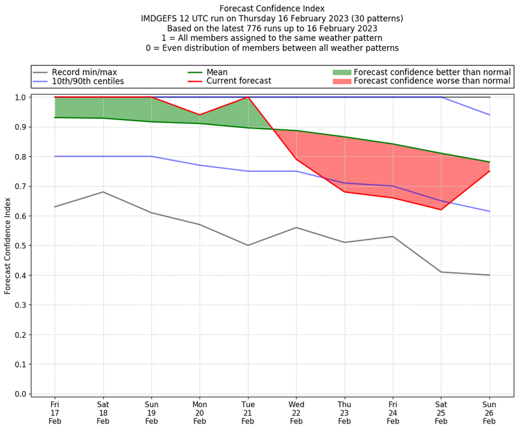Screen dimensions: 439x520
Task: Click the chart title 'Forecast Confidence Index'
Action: pyautogui.click(x=272, y=8)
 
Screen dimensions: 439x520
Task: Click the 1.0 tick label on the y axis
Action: pyautogui.click(x=19, y=97)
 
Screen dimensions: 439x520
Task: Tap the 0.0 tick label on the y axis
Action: pyautogui.click(x=19, y=394)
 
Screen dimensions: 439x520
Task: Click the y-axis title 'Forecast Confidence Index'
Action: pyautogui.click(x=8, y=245)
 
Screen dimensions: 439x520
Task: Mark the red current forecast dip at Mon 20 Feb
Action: pyautogui.click(x=200, y=115)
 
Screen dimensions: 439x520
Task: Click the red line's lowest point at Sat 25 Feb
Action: pyautogui.click(x=441, y=210)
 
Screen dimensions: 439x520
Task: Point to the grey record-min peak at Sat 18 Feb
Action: pyautogui.click(x=103, y=192)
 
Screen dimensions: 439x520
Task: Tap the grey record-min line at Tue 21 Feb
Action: pyautogui.click(x=248, y=245)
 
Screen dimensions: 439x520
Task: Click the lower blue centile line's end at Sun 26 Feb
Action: pyautogui.click(x=489, y=211)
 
